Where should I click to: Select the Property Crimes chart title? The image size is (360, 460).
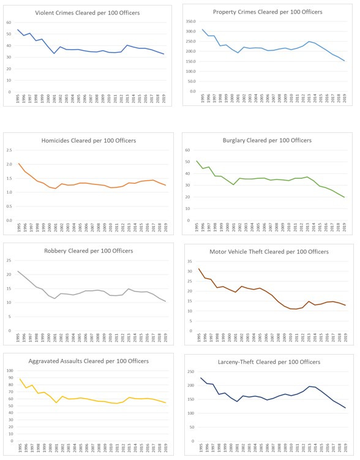point(267,12)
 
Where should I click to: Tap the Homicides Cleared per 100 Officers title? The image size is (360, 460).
point(87,140)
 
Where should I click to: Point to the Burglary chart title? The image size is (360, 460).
point(267,140)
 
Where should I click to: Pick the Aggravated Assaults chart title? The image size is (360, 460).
point(87,362)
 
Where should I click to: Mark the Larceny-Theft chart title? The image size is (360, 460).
point(267,362)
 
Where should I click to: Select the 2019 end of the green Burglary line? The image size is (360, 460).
point(345,197)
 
